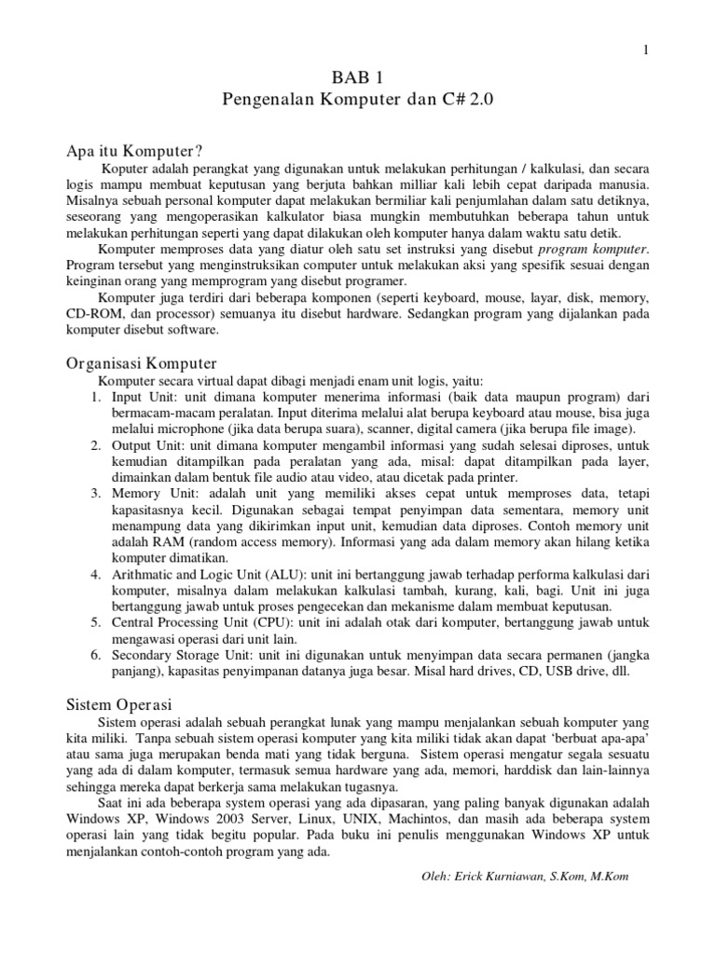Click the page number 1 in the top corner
point(644,49)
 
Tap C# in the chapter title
point(441,98)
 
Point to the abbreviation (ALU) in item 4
point(270,572)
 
